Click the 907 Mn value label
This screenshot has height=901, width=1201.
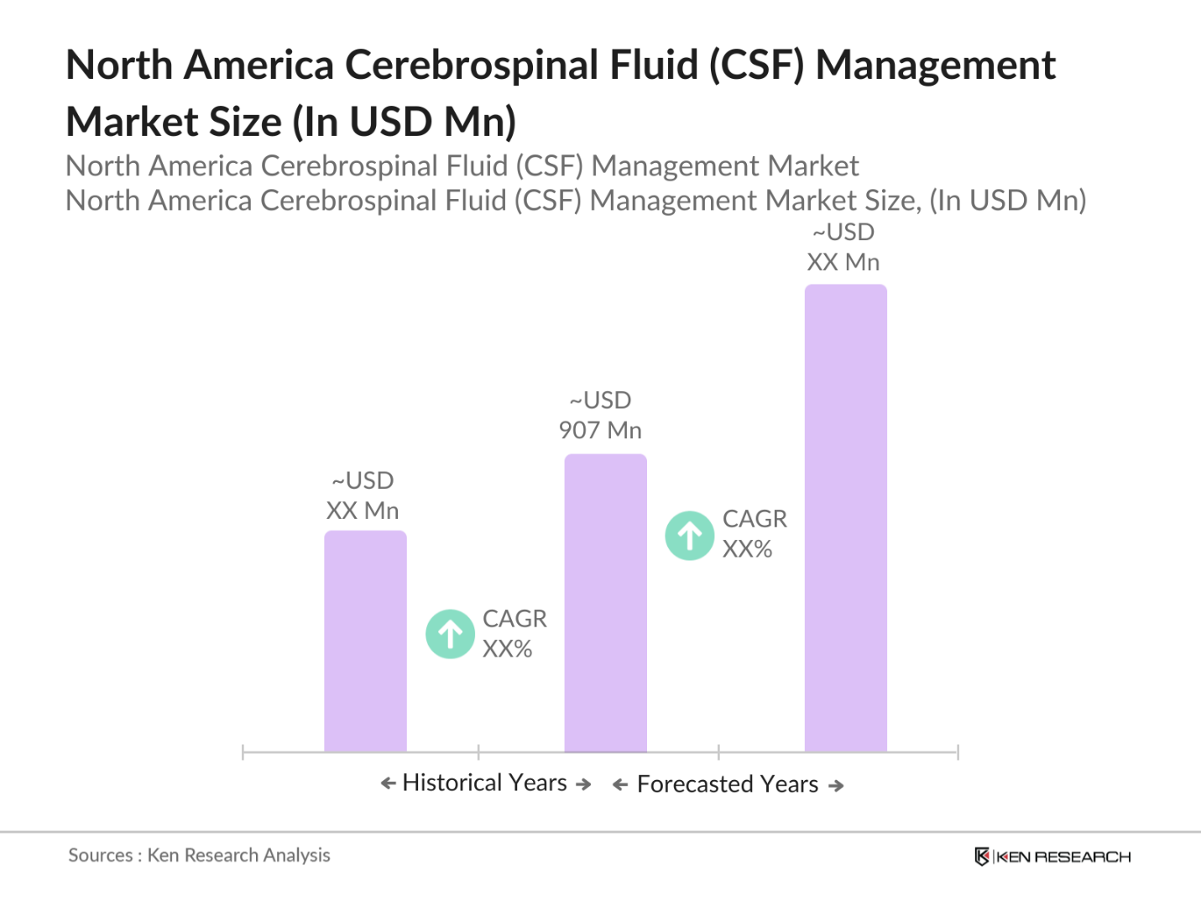pos(600,416)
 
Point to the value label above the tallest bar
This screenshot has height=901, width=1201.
pos(843,248)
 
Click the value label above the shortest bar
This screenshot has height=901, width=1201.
pos(363,495)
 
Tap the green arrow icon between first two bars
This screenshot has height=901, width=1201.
pos(451,634)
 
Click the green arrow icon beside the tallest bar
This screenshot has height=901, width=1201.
pos(690,536)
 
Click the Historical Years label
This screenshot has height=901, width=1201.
pos(485,783)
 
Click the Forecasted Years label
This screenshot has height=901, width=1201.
pos(728,784)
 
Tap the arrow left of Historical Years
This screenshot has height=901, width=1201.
pos(388,783)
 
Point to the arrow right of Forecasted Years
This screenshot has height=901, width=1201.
pos(836,786)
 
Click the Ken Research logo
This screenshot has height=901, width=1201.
pos(1052,856)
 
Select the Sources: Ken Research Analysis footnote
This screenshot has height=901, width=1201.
pos(199,855)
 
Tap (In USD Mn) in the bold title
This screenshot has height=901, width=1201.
pos(404,123)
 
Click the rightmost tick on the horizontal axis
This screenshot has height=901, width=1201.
pos(958,752)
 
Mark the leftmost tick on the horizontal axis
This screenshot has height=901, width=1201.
pos(243,752)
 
